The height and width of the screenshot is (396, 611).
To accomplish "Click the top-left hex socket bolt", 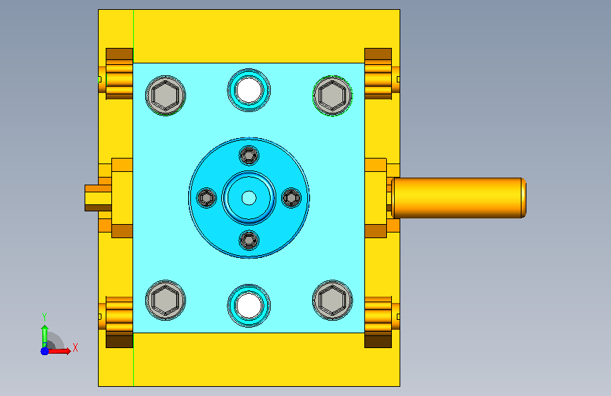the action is click(x=166, y=96).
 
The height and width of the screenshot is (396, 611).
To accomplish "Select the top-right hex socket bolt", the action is click(x=333, y=96).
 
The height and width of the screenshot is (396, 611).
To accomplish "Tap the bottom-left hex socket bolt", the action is click(x=166, y=300).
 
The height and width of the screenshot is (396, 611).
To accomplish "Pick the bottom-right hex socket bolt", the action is click(x=333, y=300).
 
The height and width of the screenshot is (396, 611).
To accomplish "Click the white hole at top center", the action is click(x=249, y=90).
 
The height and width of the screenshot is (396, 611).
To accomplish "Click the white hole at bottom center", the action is click(x=249, y=306).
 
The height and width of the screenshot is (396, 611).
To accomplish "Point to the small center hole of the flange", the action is click(x=249, y=198).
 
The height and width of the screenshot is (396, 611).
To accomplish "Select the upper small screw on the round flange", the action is click(x=249, y=156).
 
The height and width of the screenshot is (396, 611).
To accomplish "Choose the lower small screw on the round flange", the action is click(x=249, y=240).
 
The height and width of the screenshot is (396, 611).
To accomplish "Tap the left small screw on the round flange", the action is click(x=206, y=198).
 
